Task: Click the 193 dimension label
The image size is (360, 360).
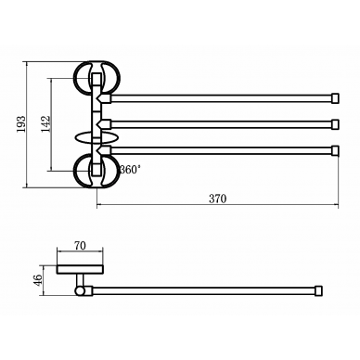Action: (21, 124)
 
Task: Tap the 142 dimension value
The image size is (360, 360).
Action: (45, 124)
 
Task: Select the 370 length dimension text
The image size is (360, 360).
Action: (218, 199)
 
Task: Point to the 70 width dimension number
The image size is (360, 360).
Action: (80, 246)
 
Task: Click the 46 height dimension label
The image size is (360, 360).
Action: (37, 280)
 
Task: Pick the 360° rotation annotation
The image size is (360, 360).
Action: (130, 170)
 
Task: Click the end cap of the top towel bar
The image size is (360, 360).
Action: (336, 98)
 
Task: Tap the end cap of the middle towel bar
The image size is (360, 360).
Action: (336, 124)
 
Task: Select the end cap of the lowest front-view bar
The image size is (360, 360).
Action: (336, 150)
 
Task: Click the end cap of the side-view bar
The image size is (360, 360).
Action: (319, 290)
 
